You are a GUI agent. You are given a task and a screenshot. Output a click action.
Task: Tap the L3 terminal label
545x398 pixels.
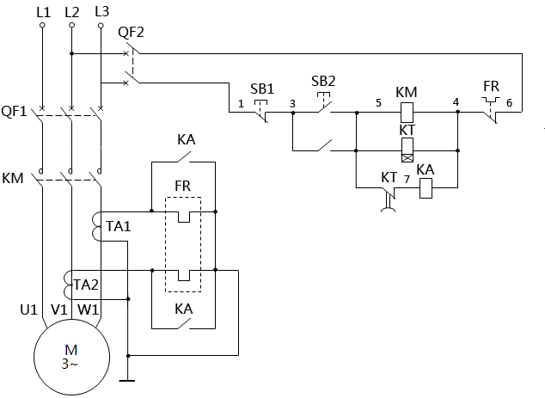coord(101,11)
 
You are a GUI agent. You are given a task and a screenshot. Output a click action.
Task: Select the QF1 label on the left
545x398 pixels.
coord(14,112)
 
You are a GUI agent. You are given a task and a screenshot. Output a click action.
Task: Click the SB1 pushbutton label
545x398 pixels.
coord(261,89)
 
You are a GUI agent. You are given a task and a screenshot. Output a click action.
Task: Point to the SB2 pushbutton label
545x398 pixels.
coord(323,80)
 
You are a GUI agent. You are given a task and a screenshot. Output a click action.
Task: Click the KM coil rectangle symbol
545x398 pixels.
coord(407,110)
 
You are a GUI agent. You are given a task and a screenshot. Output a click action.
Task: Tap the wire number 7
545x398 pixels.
coord(407,179)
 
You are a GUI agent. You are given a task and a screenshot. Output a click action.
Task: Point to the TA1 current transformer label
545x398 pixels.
coord(119,227)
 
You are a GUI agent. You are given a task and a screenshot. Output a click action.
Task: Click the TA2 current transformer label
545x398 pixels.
coord(86,285)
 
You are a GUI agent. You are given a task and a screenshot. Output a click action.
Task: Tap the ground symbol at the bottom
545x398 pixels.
coord(127,378)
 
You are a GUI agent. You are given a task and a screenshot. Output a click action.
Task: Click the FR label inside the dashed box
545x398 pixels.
coord(182,186)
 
